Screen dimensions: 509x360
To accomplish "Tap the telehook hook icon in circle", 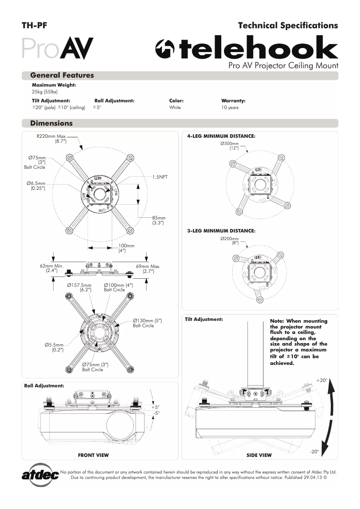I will [164, 49].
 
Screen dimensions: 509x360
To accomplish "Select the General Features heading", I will [61, 75].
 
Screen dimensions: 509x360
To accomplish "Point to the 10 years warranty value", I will [230, 108].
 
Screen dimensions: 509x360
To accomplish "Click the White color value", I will [175, 108].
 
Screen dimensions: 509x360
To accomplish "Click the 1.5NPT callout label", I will [160, 177].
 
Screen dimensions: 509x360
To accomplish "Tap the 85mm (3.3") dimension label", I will [158, 220].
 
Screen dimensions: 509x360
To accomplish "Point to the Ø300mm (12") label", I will [230, 145].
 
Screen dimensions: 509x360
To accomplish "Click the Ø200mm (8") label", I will [230, 241].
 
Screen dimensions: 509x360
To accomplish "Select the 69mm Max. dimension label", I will [148, 269].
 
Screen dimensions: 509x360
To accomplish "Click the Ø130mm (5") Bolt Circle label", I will [147, 323].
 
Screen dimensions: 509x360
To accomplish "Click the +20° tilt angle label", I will [321, 380].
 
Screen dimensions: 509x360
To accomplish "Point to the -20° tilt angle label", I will [314, 451].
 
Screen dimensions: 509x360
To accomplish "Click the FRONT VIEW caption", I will [93, 455].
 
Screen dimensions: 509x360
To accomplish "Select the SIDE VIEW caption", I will [259, 455].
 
